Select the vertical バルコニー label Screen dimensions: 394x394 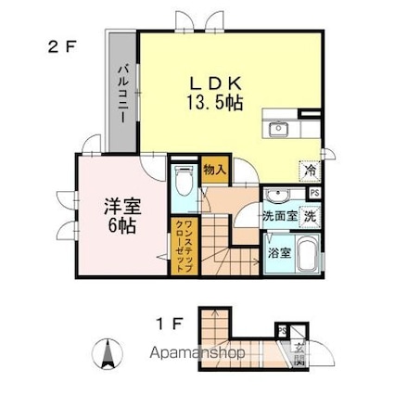point(121,94)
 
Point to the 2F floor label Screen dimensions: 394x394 point(63,43)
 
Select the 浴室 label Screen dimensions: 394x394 point(277,251)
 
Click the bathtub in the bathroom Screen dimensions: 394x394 point(306,251)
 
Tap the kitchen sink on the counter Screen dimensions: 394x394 point(280,129)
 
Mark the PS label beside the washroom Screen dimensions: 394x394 point(315,193)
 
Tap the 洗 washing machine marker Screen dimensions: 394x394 point(310,215)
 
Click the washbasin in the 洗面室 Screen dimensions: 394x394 point(277,196)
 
